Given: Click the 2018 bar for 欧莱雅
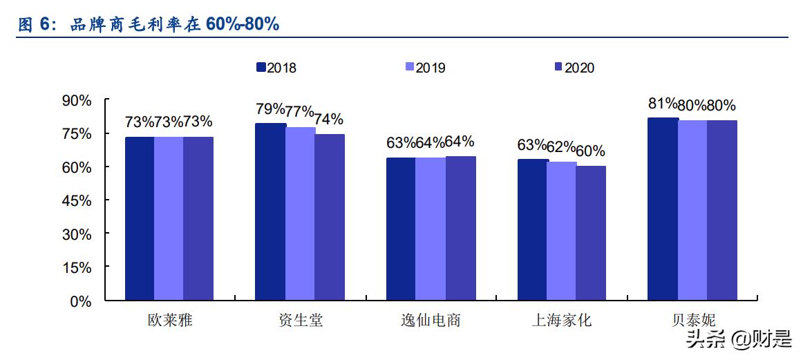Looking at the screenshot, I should [x=139, y=218].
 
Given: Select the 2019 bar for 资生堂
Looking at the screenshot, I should [x=300, y=214].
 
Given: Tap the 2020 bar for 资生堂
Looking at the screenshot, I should [x=330, y=218].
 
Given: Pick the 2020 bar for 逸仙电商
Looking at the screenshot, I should [x=460, y=229].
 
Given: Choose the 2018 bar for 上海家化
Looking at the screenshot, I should [x=532, y=230].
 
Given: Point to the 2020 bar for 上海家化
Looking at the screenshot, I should [x=591, y=234].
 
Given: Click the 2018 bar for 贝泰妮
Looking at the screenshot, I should [x=663, y=209].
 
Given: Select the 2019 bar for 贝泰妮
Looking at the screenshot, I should [x=692, y=211].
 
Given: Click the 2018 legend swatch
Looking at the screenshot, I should [x=261, y=67].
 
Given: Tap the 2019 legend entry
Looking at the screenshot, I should [x=425, y=68].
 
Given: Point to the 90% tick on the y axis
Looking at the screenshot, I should [x=76, y=101].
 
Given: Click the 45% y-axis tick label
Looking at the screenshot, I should [x=76, y=201].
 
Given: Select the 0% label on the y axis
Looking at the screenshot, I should [x=81, y=301].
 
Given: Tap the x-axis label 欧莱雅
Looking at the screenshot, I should [x=169, y=321].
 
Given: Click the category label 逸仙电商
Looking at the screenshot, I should [x=431, y=321].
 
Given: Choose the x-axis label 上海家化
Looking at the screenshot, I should [x=561, y=321].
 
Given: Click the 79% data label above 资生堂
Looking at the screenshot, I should [x=270, y=109].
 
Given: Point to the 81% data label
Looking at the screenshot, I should [x=662, y=104].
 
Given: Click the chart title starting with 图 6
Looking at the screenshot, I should [x=149, y=24].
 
